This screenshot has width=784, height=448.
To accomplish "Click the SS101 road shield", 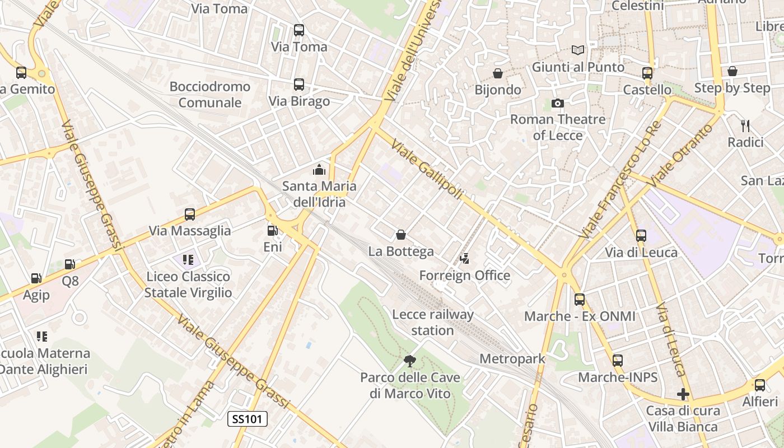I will click(x=248, y=419).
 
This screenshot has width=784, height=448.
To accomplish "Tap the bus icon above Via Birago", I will click(x=299, y=85).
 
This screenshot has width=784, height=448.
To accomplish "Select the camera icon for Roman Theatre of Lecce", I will click(x=557, y=103).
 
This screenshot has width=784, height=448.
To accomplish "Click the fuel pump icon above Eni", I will click(x=273, y=230).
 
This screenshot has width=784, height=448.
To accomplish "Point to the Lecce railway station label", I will click(x=432, y=323).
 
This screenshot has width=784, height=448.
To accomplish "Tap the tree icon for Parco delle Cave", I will click(x=410, y=361).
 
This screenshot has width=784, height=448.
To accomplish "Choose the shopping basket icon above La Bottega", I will click(x=401, y=235).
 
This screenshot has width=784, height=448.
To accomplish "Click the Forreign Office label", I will click(x=465, y=276).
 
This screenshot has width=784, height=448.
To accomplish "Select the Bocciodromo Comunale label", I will click(x=209, y=95).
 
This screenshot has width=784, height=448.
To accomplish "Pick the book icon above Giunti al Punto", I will click(x=577, y=50).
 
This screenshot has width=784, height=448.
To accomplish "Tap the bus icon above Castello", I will click(x=647, y=73).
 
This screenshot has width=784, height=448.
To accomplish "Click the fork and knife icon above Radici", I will click(x=745, y=125).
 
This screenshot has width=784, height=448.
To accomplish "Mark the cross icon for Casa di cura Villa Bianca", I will click(x=683, y=394).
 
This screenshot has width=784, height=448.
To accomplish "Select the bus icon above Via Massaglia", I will click(x=190, y=214).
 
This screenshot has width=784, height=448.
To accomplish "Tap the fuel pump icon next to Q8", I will click(x=70, y=264).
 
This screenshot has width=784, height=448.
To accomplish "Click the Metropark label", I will click(x=512, y=359).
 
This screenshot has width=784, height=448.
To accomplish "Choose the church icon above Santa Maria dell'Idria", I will click(x=319, y=169).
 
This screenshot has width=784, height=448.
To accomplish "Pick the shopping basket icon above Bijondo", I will click(x=497, y=73).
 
